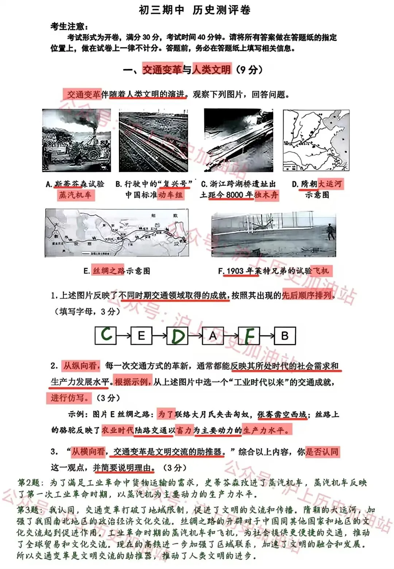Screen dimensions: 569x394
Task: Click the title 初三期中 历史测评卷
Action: [194, 10]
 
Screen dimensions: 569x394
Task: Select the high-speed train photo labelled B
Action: [154, 140]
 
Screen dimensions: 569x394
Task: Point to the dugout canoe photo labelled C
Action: [239, 140]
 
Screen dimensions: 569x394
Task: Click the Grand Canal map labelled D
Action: [316, 140]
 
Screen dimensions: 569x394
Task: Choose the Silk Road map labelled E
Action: [117, 233]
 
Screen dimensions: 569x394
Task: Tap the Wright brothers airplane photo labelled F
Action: [274, 233]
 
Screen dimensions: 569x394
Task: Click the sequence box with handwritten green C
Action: [106, 335]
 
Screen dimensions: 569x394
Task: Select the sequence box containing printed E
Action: [142, 335]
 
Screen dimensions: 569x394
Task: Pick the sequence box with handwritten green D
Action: [177, 335]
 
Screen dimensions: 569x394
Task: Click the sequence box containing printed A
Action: [213, 335]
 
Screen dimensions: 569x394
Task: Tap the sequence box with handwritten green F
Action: [249, 335]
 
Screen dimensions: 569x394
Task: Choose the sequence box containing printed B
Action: [285, 335]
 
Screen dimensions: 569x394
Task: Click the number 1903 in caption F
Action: [235, 271]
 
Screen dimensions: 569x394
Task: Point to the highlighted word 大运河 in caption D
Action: [330, 184]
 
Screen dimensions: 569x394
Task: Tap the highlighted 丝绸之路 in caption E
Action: [108, 271]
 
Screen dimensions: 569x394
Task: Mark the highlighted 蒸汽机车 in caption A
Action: [75, 195]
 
